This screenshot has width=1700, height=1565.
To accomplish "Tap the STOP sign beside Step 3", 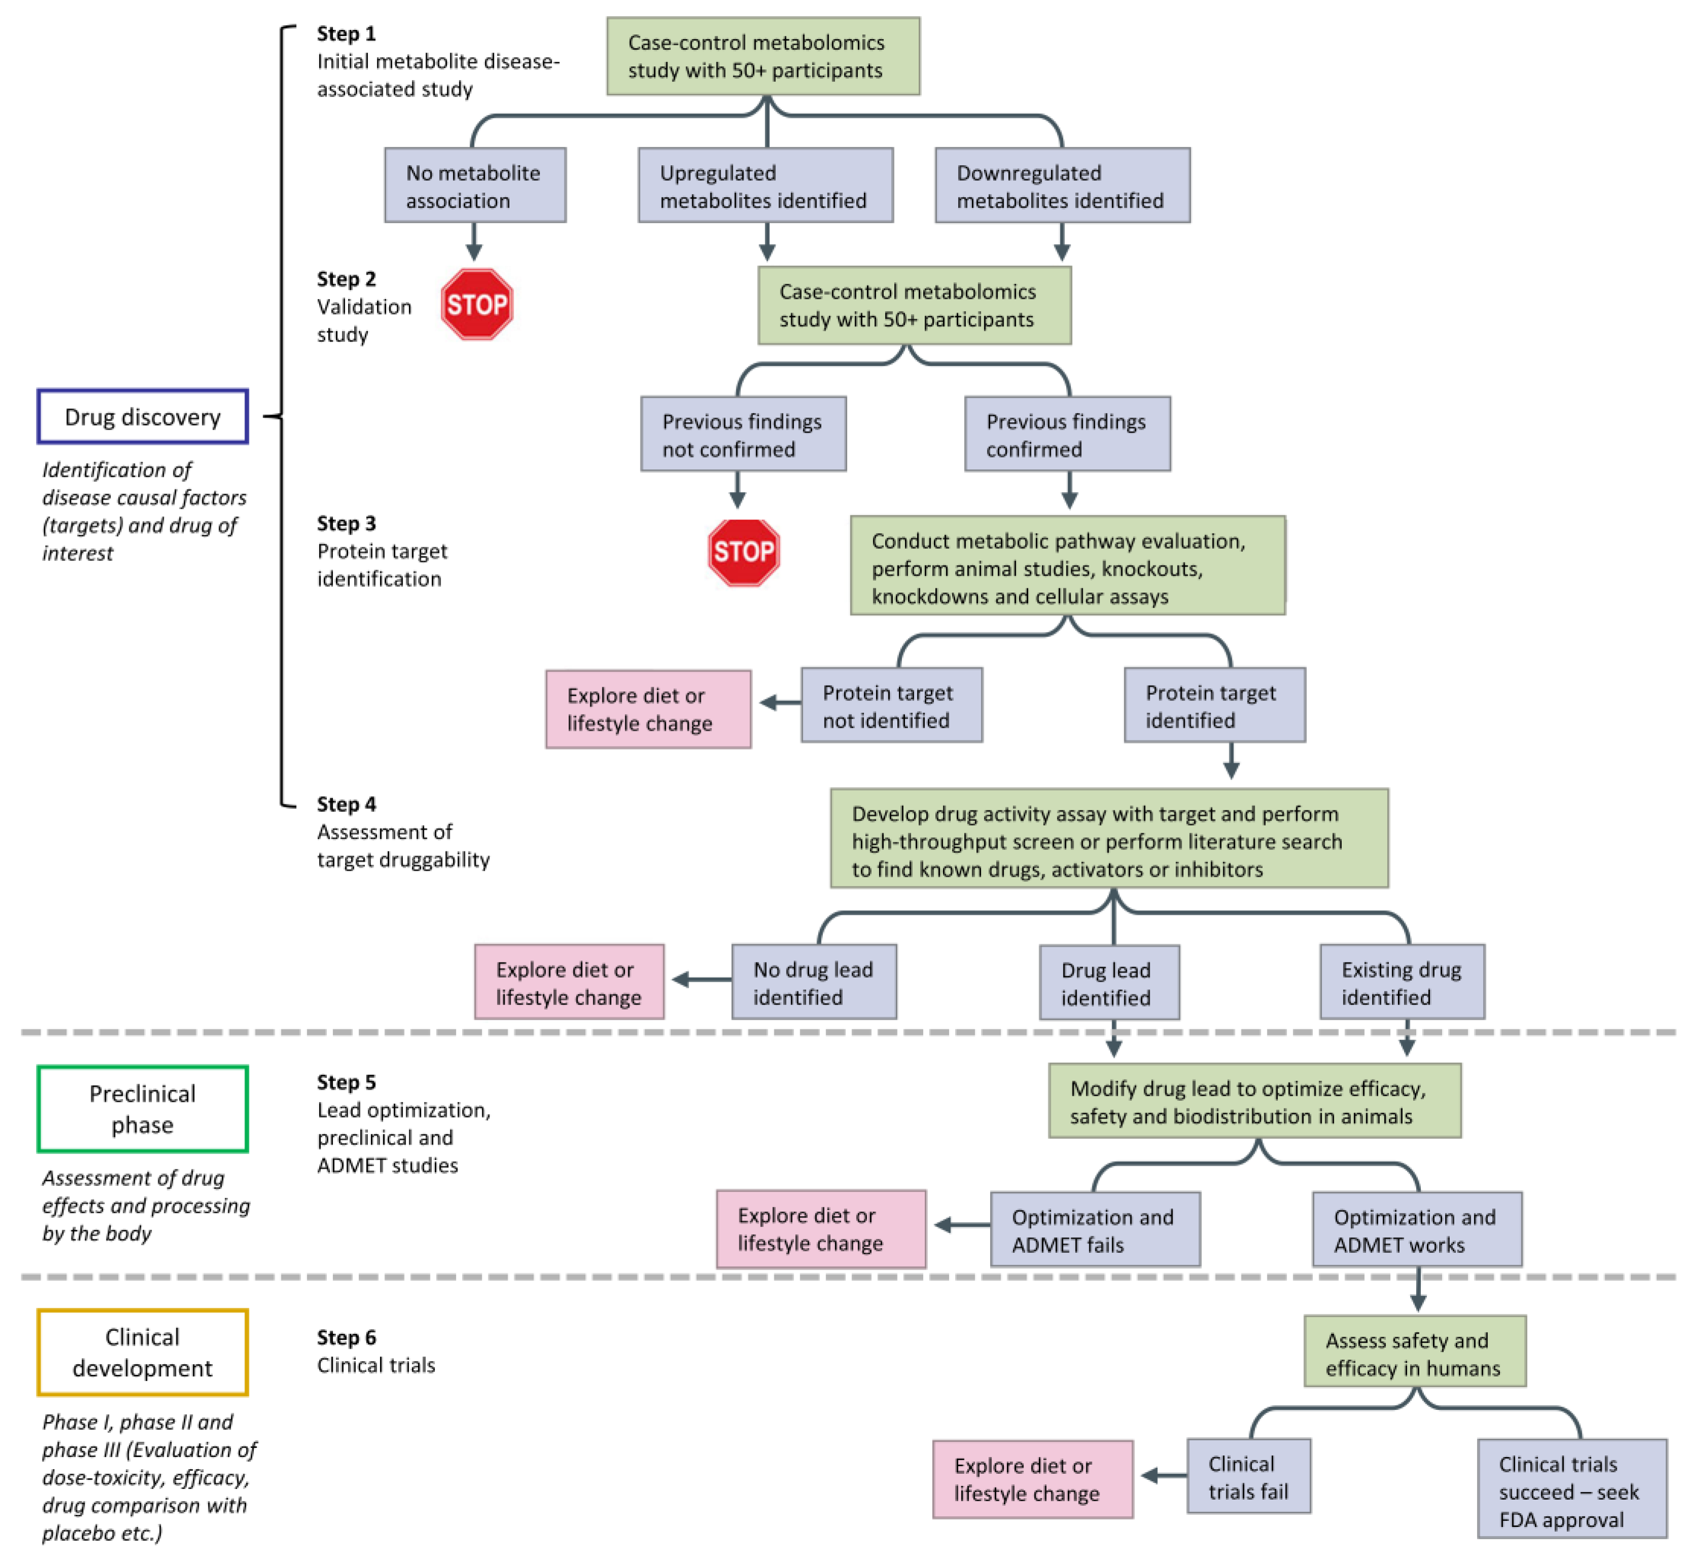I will click(x=743, y=552).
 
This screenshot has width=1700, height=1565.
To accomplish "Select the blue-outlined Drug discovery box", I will click(x=142, y=417).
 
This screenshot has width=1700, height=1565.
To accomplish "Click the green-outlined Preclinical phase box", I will click(x=142, y=1108).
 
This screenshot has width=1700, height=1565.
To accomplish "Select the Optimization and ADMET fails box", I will click(x=1094, y=1229).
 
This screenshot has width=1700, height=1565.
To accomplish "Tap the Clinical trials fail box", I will click(x=1248, y=1476).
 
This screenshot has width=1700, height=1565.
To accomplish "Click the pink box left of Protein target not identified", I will click(x=648, y=709).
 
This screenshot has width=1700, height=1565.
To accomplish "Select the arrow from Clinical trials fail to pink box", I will click(x=1163, y=1476).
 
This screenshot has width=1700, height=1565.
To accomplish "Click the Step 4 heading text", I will click(x=346, y=804).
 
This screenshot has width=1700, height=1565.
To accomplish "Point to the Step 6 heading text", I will click(x=346, y=1337).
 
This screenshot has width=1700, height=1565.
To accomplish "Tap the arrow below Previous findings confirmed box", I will click(x=1069, y=491).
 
